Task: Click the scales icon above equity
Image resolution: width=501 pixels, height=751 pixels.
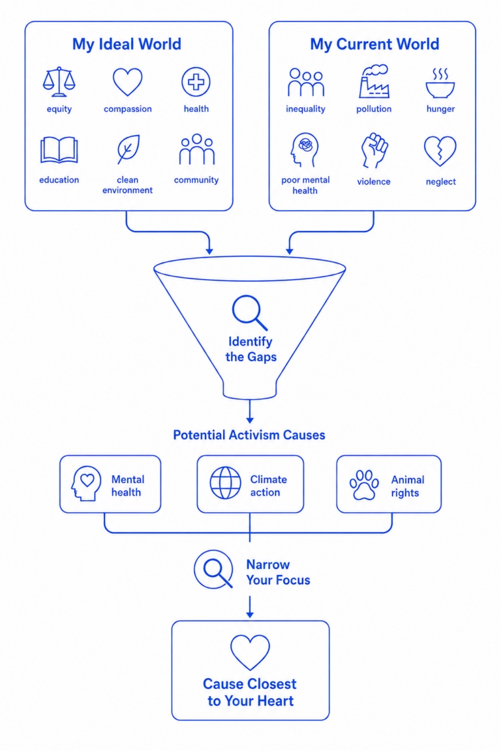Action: click(x=59, y=82)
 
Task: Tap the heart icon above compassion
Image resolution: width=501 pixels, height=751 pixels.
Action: click(x=127, y=81)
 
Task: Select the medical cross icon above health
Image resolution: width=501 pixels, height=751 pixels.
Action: click(x=196, y=82)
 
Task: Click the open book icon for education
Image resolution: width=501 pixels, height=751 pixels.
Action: click(x=59, y=150)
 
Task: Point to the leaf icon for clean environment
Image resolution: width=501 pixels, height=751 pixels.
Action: click(x=128, y=149)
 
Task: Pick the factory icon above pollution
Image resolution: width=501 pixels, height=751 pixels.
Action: click(x=374, y=81)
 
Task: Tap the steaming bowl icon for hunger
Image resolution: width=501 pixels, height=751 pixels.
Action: click(x=440, y=83)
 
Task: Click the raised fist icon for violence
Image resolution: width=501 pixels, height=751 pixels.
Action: click(x=374, y=151)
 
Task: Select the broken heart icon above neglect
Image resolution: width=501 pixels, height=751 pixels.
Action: click(x=440, y=151)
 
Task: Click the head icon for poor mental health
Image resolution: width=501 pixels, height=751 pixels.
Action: click(x=304, y=150)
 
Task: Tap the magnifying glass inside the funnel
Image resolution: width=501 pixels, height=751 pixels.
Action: click(x=249, y=313)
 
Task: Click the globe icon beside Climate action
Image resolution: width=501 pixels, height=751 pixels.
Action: click(x=225, y=483)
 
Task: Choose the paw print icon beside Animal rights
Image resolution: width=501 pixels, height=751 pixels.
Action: click(x=364, y=485)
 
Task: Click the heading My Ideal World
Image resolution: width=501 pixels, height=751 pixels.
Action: click(x=127, y=44)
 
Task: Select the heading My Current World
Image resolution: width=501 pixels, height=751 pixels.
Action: click(x=374, y=44)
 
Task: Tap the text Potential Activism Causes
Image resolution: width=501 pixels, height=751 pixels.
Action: click(x=249, y=435)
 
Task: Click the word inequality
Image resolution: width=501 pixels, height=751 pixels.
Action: click(x=305, y=110)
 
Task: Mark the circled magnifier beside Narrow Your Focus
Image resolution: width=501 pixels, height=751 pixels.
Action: click(x=214, y=570)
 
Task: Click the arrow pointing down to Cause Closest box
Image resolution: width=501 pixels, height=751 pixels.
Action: click(x=250, y=607)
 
